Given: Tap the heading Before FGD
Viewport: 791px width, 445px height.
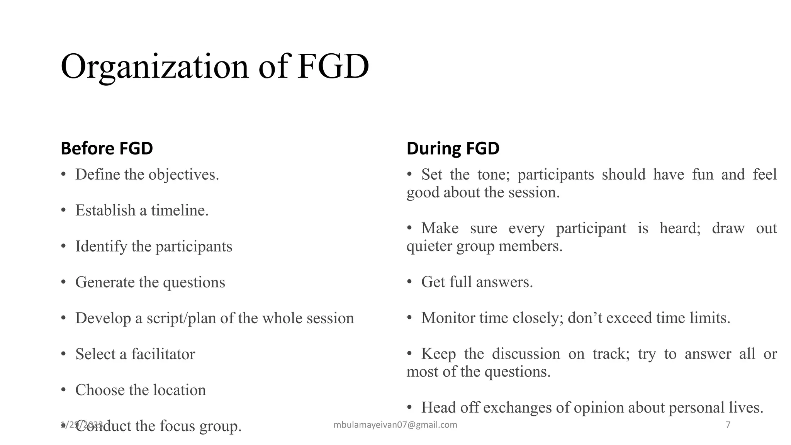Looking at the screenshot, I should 107,149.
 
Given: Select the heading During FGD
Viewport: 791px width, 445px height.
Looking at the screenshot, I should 453,149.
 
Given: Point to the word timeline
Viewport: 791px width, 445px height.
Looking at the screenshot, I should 180,211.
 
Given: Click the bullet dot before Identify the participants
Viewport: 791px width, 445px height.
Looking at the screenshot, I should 63,247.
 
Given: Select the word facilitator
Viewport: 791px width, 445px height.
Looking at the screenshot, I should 163,355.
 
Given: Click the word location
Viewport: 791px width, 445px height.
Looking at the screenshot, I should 179,391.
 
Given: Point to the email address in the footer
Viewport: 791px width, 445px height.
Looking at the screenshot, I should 395,425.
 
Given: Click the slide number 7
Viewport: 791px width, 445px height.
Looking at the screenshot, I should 728,425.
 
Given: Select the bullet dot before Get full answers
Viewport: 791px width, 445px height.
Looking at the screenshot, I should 409,282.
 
